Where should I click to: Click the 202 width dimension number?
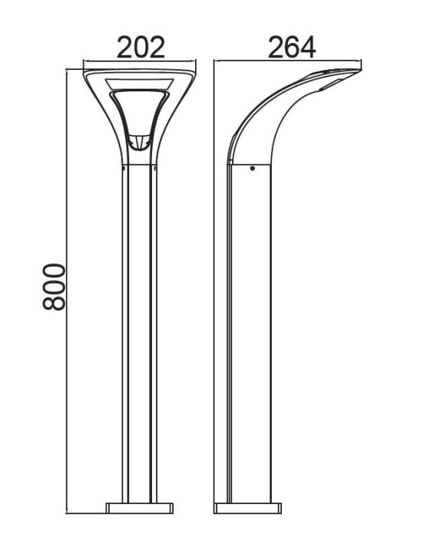pyautogui.click(x=140, y=48)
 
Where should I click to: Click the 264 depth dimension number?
pyautogui.click(x=292, y=48)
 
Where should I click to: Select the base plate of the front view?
pyautogui.click(x=140, y=508)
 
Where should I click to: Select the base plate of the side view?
pyautogui.click(x=247, y=508)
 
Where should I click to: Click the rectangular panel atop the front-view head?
pyautogui.click(x=140, y=82)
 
